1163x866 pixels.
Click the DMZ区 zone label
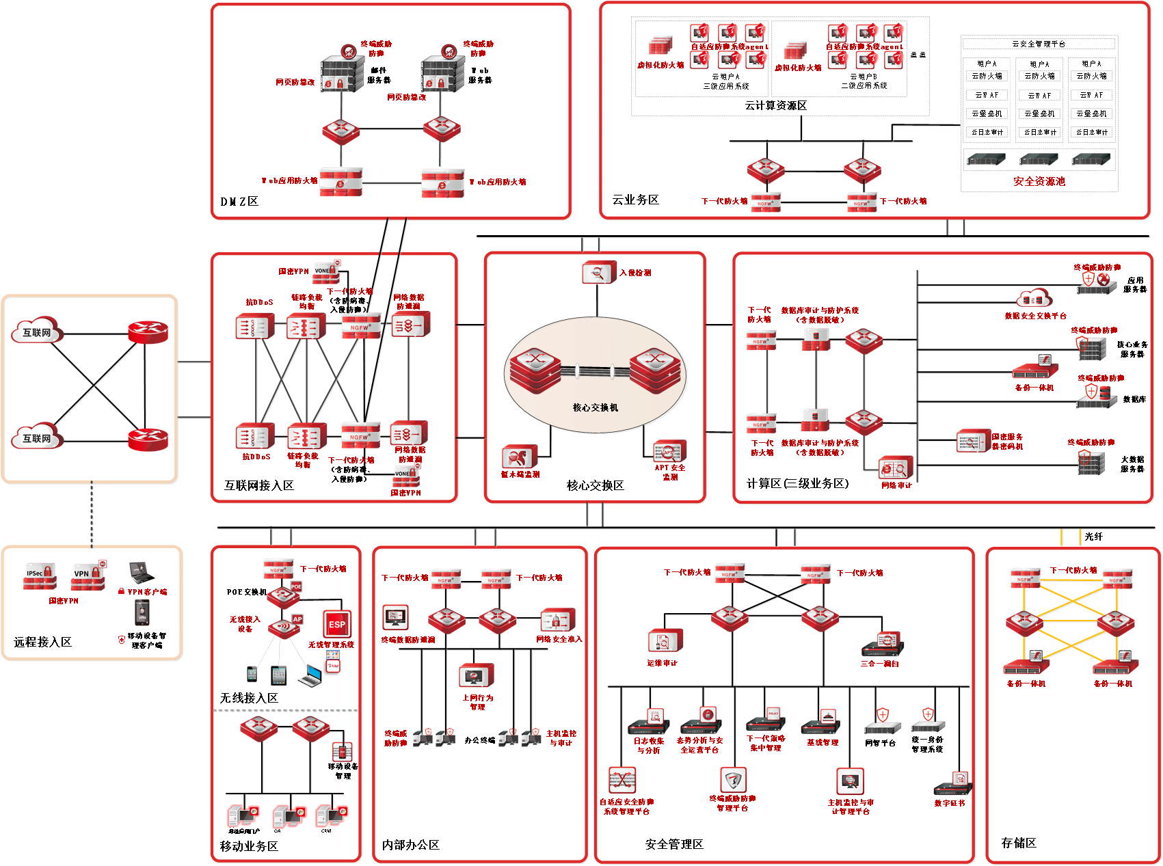point(239,202)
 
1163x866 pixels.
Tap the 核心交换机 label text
point(595,407)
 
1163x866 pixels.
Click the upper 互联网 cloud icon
point(37,332)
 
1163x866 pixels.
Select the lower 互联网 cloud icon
point(37,438)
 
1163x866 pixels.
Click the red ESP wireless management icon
point(336,624)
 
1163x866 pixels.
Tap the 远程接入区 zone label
point(42,642)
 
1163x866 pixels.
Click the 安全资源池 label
point(1039,181)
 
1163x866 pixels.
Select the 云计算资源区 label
point(775,105)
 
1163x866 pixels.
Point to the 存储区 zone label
point(1019,843)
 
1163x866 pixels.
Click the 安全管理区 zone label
point(674,844)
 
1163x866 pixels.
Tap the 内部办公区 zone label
point(410,845)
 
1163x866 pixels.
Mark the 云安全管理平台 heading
point(1039,44)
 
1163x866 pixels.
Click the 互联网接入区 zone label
point(258,485)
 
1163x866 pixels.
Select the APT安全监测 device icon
point(669,451)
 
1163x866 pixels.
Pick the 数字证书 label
point(949,803)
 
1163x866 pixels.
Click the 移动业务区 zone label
point(249,846)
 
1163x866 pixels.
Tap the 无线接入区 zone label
point(249,698)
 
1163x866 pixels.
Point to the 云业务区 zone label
point(635,200)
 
